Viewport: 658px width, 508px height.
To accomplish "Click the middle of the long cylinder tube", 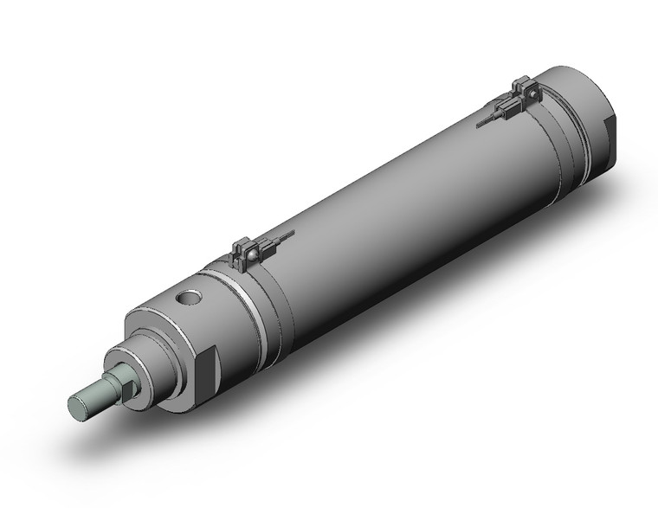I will point(390,199).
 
